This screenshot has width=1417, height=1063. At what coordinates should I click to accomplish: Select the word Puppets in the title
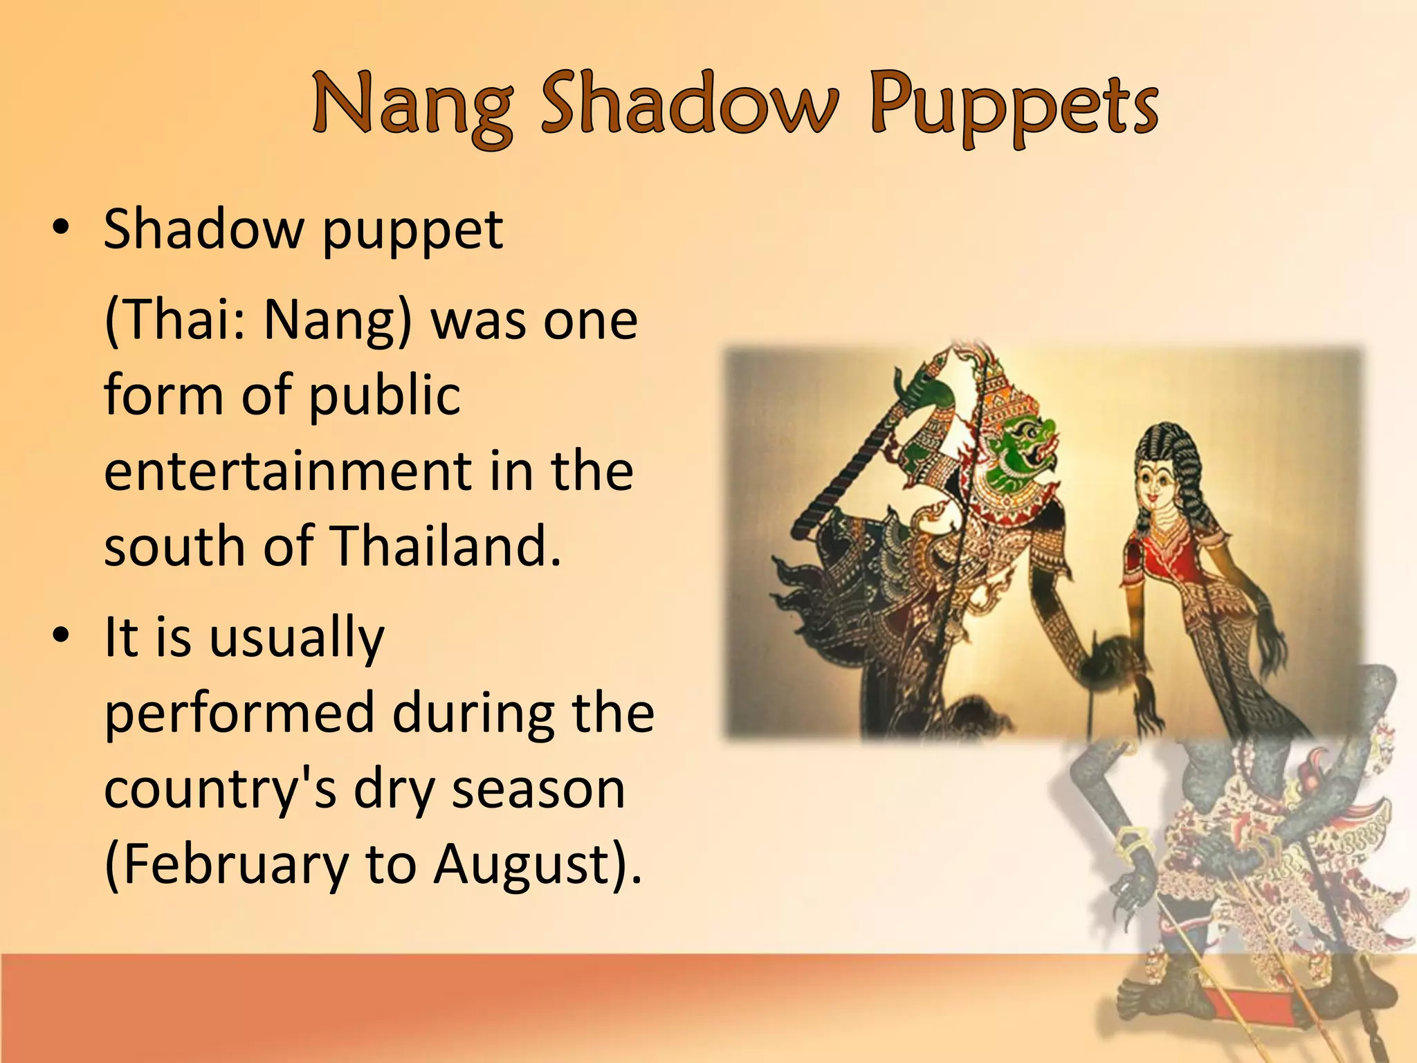pyautogui.click(x=1014, y=107)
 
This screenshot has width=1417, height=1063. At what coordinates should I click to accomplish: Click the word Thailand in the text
pyautogui.click(x=446, y=546)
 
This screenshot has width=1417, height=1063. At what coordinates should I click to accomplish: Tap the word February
pyautogui.click(x=226, y=865)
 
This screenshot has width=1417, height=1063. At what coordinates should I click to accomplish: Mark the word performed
pyautogui.click(x=239, y=713)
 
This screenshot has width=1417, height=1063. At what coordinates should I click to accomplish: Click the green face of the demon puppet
pyautogui.click(x=1017, y=450)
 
